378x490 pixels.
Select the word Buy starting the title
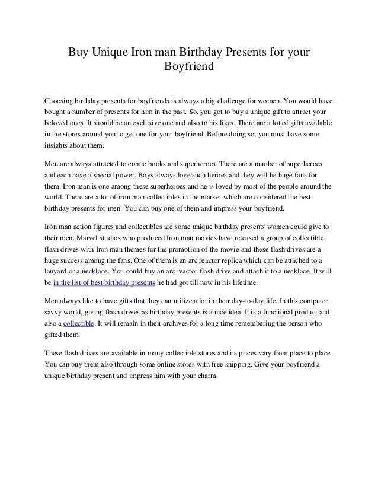(76, 52)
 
